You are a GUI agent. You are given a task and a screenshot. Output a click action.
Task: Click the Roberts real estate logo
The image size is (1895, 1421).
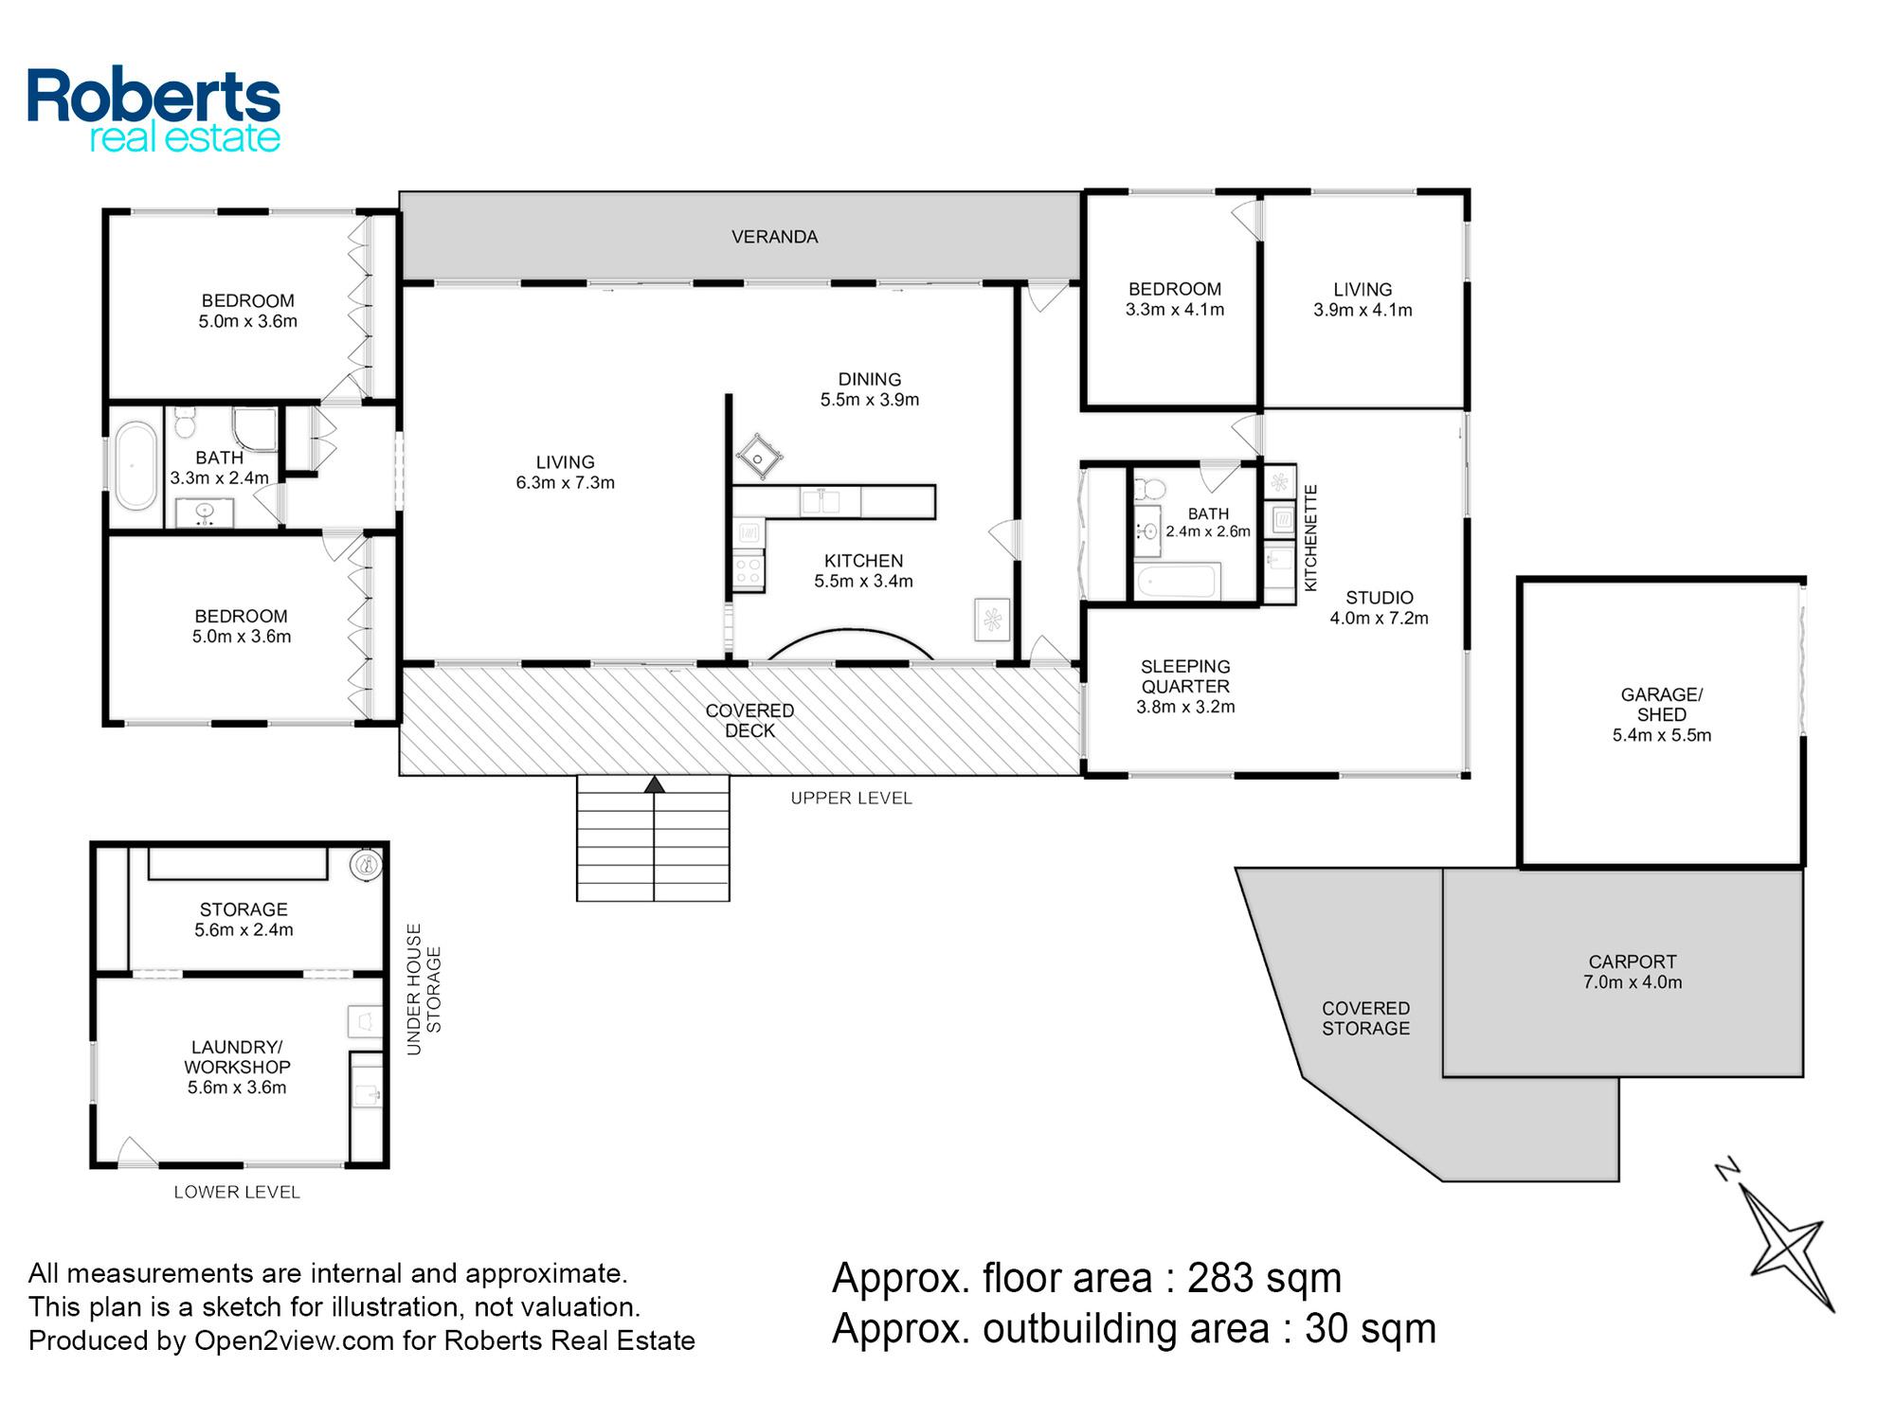tap(153, 110)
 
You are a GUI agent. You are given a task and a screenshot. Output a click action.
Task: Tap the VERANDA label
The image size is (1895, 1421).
tap(774, 237)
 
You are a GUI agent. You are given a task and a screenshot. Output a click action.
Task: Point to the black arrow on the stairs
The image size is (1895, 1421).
tap(654, 784)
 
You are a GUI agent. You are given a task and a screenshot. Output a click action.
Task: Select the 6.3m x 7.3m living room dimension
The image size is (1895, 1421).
tap(565, 483)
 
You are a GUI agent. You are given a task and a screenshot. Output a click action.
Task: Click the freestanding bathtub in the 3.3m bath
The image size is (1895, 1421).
tap(135, 466)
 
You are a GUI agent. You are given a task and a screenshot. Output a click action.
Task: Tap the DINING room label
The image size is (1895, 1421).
tap(869, 379)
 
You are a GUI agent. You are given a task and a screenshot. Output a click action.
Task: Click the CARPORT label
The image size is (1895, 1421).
tap(1633, 962)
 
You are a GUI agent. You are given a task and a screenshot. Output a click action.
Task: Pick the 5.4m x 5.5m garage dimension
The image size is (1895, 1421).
tap(1662, 735)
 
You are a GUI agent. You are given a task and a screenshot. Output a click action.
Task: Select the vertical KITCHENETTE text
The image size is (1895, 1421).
tap(1311, 538)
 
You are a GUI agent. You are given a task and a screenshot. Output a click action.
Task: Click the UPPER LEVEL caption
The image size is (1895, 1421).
tap(851, 799)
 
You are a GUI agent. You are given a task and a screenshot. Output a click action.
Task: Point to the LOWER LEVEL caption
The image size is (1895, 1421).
tap(237, 1193)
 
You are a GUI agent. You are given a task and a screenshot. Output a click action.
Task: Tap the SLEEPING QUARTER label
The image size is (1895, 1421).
tap(1185, 676)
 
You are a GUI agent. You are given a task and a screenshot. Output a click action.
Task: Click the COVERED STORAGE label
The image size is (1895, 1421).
tap(1365, 1018)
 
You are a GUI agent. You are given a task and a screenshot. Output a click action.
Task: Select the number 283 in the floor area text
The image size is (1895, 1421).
tap(1223, 1278)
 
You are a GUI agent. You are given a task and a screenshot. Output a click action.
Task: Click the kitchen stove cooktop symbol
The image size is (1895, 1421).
tap(749, 569)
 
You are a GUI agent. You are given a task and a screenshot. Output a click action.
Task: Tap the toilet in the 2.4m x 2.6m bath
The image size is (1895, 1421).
tap(1149, 487)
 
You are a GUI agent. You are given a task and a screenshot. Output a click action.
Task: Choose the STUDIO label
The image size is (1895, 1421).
tap(1379, 598)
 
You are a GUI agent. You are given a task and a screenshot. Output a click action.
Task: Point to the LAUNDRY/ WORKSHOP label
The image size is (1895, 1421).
tap(237, 1056)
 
